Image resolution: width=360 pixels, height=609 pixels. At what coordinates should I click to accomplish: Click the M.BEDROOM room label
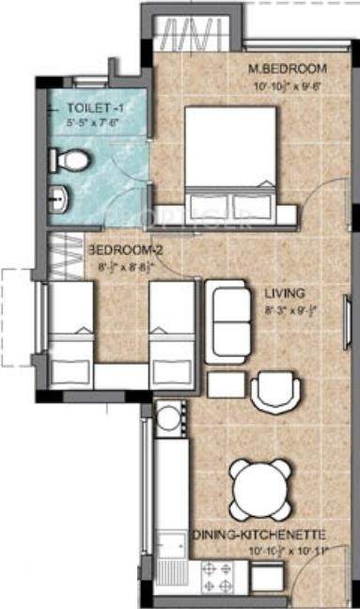tap(287, 69)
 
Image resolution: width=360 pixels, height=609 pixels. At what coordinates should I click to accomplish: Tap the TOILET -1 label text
tap(79, 108)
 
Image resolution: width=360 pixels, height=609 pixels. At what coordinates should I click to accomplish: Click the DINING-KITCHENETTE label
tap(259, 533)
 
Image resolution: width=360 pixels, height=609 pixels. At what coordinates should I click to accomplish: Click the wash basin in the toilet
tap(57, 198)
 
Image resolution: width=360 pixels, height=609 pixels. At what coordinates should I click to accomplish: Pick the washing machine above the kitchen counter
tap(169, 416)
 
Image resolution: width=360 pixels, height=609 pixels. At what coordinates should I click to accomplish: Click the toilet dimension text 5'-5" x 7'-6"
tap(80, 121)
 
